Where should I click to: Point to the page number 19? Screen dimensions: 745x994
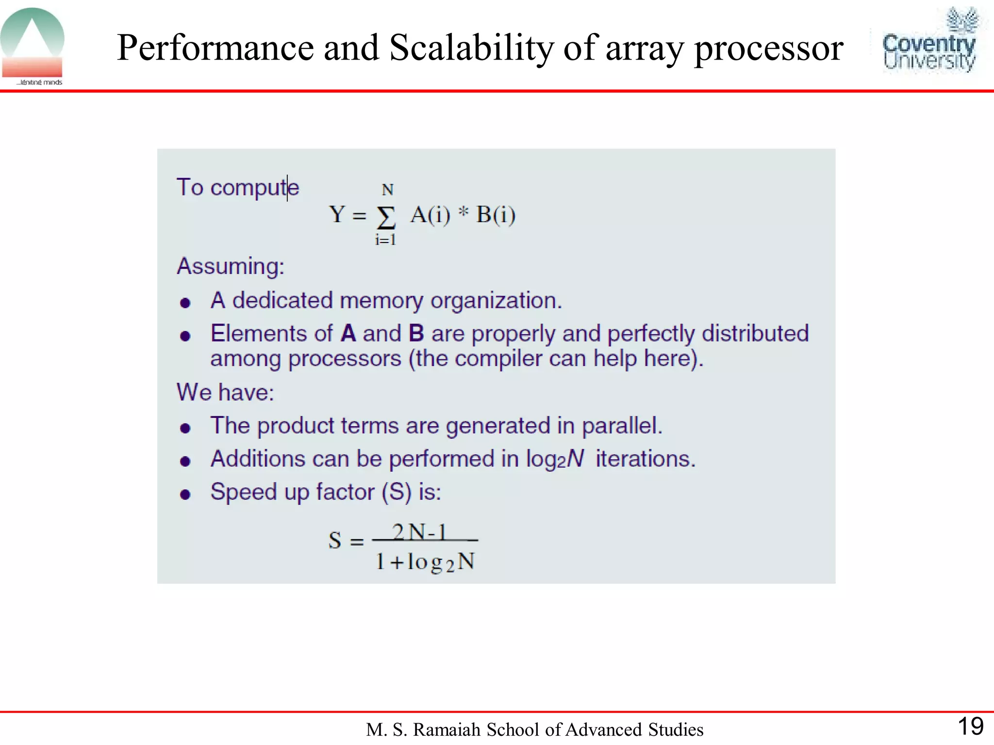(970, 727)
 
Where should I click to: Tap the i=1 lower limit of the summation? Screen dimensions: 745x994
(385, 240)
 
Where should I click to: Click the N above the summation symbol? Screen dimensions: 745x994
(387, 190)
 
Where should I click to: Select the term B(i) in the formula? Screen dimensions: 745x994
(496, 215)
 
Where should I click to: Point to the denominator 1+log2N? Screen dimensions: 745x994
(425, 562)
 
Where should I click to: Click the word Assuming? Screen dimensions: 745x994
(231, 266)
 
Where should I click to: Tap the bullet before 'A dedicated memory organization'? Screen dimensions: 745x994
(185, 303)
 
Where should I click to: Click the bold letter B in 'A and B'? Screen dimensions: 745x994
(416, 334)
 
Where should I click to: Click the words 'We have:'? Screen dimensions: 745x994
(225, 392)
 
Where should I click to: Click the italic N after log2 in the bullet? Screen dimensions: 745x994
(576, 458)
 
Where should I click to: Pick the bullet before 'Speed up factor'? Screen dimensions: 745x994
(185, 494)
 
